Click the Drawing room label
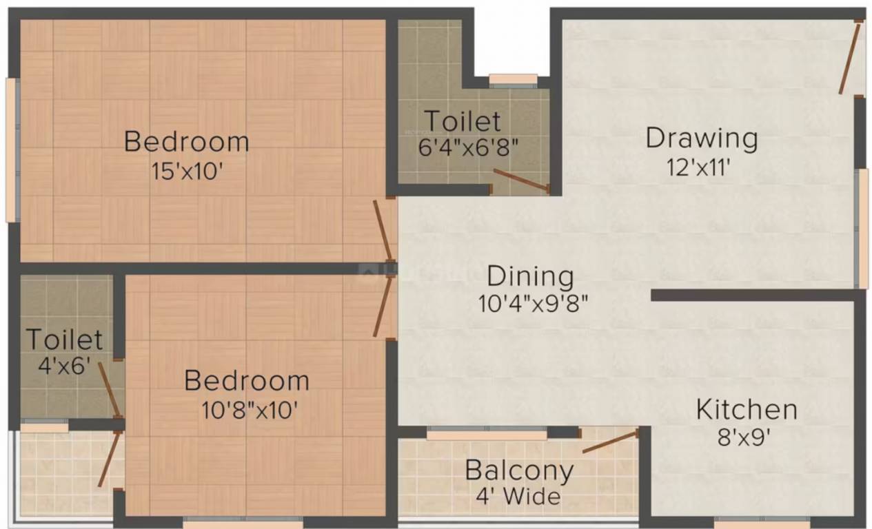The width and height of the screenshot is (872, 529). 701,138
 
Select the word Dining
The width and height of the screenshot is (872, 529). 530,276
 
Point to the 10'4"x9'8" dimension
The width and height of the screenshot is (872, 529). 532,303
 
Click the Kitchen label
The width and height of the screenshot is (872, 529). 747,409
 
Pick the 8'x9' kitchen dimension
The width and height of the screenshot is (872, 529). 744,437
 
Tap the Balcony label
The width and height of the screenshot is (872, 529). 519,470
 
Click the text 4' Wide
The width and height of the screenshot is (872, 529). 518,496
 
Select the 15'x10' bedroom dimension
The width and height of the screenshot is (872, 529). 187,171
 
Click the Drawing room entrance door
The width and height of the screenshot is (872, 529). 849,58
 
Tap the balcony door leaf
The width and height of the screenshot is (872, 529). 610,442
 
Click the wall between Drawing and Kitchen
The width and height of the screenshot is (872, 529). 755,295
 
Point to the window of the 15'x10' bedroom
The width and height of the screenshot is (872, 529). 11,149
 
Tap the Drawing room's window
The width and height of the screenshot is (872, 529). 862,228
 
